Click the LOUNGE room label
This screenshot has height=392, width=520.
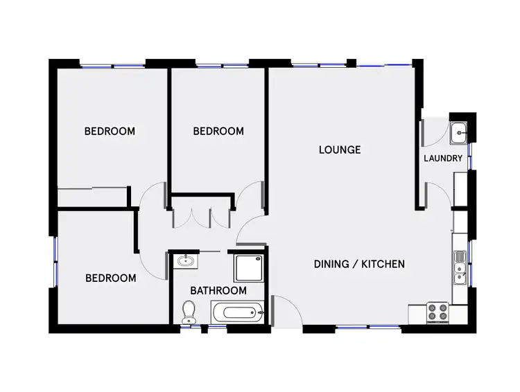point(340,150)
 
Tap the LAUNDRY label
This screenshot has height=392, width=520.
point(443,159)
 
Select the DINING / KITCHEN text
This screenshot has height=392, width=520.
point(359,264)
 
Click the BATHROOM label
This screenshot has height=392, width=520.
point(219,290)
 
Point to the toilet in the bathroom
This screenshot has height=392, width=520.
point(188,312)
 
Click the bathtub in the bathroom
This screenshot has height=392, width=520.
point(238,312)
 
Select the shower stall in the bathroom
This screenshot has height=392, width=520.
point(248,265)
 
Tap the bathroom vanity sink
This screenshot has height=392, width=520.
point(184,261)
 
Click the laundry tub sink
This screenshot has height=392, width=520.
point(459,132)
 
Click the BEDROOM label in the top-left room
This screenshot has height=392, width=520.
point(110,130)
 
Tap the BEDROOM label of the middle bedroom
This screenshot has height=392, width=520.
point(218,131)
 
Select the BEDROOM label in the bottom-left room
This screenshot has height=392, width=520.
point(110,278)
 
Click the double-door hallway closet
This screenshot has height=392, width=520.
point(200,213)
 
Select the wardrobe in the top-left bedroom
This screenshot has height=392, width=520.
point(92,196)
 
